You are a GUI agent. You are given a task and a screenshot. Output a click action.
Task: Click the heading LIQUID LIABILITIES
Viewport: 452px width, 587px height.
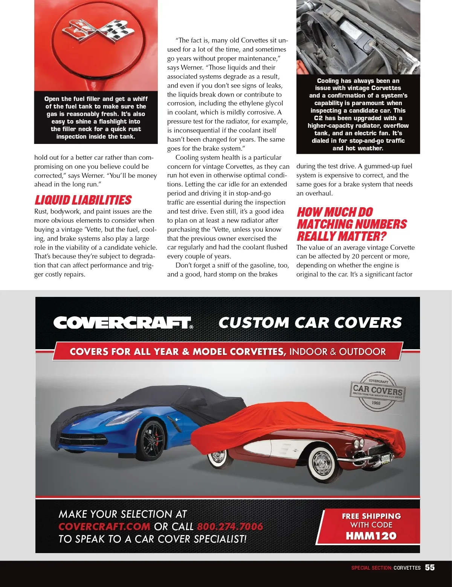click(83, 200)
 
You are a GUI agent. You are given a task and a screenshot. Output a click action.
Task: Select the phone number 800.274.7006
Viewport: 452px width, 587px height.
click(230, 526)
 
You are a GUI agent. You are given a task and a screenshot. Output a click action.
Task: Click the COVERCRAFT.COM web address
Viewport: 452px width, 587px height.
click(104, 526)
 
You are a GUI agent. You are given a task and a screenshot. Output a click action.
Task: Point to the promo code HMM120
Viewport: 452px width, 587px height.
click(371, 536)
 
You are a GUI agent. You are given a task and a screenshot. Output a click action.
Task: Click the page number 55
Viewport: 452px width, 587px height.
click(430, 567)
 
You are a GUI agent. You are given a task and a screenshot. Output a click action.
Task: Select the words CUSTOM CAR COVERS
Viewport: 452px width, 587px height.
click(310, 323)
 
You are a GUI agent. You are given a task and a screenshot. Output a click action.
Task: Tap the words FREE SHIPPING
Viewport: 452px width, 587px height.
click(371, 516)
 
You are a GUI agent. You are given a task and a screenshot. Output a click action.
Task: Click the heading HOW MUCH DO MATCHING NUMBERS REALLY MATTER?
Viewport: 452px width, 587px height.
click(352, 224)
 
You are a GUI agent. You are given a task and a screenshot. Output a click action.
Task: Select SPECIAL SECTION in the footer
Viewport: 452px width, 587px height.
click(371, 568)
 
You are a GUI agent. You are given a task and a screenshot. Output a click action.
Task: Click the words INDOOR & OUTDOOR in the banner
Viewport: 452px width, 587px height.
click(337, 352)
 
